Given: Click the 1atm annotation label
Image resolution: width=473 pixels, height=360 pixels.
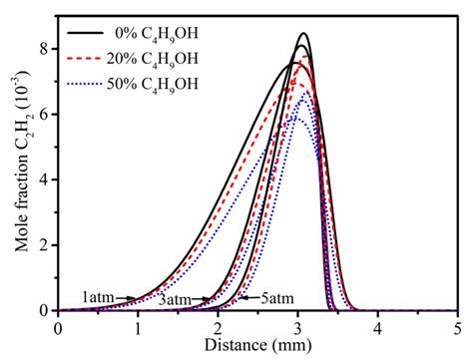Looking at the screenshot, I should pos(98,298).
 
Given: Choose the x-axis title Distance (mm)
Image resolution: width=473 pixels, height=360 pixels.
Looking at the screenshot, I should pos(258,346).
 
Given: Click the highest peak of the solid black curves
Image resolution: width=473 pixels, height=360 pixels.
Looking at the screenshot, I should pos(303,34).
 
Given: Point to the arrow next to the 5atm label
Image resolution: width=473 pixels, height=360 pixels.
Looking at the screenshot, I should pos(242,298).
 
